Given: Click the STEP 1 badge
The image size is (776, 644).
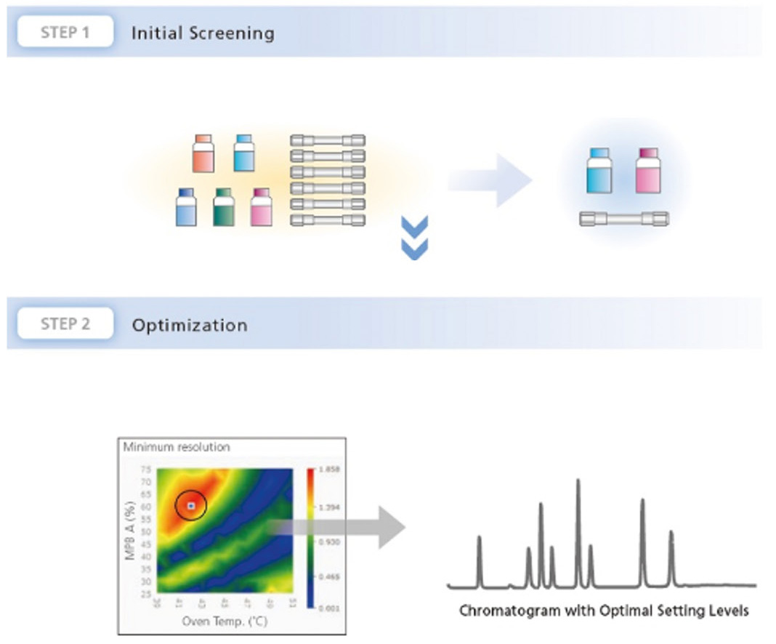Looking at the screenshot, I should [x=65, y=33].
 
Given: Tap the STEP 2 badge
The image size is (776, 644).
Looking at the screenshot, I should [x=65, y=323].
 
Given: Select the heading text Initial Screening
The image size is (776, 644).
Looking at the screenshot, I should [x=203, y=33].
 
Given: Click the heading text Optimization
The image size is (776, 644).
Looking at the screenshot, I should [x=189, y=325].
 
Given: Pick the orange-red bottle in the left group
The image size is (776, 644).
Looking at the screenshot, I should [x=203, y=153].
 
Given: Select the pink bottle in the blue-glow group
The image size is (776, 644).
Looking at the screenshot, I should [x=647, y=171].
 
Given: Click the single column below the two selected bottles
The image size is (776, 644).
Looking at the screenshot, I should [x=624, y=219].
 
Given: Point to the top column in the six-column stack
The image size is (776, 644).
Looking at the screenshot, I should [x=327, y=140].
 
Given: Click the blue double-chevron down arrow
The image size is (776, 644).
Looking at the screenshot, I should [x=414, y=237].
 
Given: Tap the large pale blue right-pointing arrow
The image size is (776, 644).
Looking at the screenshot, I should [x=490, y=180].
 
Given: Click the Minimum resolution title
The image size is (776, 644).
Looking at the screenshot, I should [x=177, y=447].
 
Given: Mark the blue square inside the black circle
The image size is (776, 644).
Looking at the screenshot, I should [x=191, y=504].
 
